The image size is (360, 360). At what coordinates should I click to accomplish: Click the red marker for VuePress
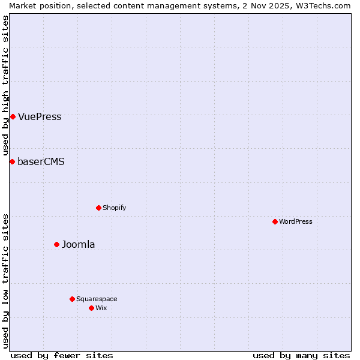13,116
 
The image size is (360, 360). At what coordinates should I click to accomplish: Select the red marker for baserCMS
12,161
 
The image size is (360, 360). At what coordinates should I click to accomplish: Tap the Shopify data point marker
98,208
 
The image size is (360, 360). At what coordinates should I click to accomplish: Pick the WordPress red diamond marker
275,221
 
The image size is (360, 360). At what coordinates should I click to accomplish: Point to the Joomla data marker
57,244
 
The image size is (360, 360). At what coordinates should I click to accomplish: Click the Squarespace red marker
72,299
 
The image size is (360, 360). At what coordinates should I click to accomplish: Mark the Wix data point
91,308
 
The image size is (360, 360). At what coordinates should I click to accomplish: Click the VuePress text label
40,117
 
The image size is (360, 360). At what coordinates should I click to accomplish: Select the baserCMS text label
41,162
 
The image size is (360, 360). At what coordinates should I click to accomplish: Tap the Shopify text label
114,208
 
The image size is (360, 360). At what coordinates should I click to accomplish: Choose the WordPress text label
296,222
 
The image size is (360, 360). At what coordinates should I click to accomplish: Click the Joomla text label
79,245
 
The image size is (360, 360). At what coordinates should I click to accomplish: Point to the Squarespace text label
97,299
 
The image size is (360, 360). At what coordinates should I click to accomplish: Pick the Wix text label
101,308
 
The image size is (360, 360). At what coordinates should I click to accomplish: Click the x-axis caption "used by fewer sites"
62,355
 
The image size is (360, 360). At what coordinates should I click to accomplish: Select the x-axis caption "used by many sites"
301,355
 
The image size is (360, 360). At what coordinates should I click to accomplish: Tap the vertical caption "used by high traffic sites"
6,85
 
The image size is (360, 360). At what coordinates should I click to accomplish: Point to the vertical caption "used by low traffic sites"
6,280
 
